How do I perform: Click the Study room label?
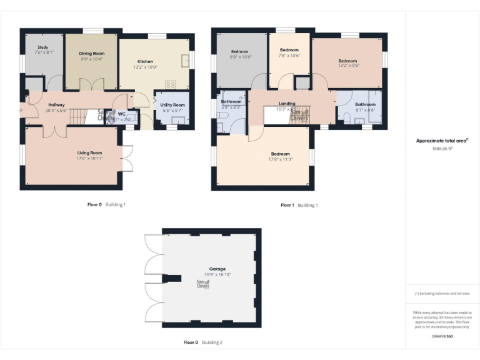(x=43, y=47)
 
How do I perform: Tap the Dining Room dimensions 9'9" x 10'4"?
(x=91, y=59)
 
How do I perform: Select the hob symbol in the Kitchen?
(x=170, y=85)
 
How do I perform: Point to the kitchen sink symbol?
(x=186, y=61)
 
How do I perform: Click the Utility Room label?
(x=172, y=105)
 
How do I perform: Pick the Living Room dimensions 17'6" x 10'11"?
(x=89, y=158)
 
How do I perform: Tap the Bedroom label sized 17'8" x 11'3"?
(x=280, y=154)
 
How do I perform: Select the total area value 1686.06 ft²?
(x=442, y=149)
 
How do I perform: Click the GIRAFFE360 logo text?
(x=442, y=337)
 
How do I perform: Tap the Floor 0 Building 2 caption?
(x=202, y=342)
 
